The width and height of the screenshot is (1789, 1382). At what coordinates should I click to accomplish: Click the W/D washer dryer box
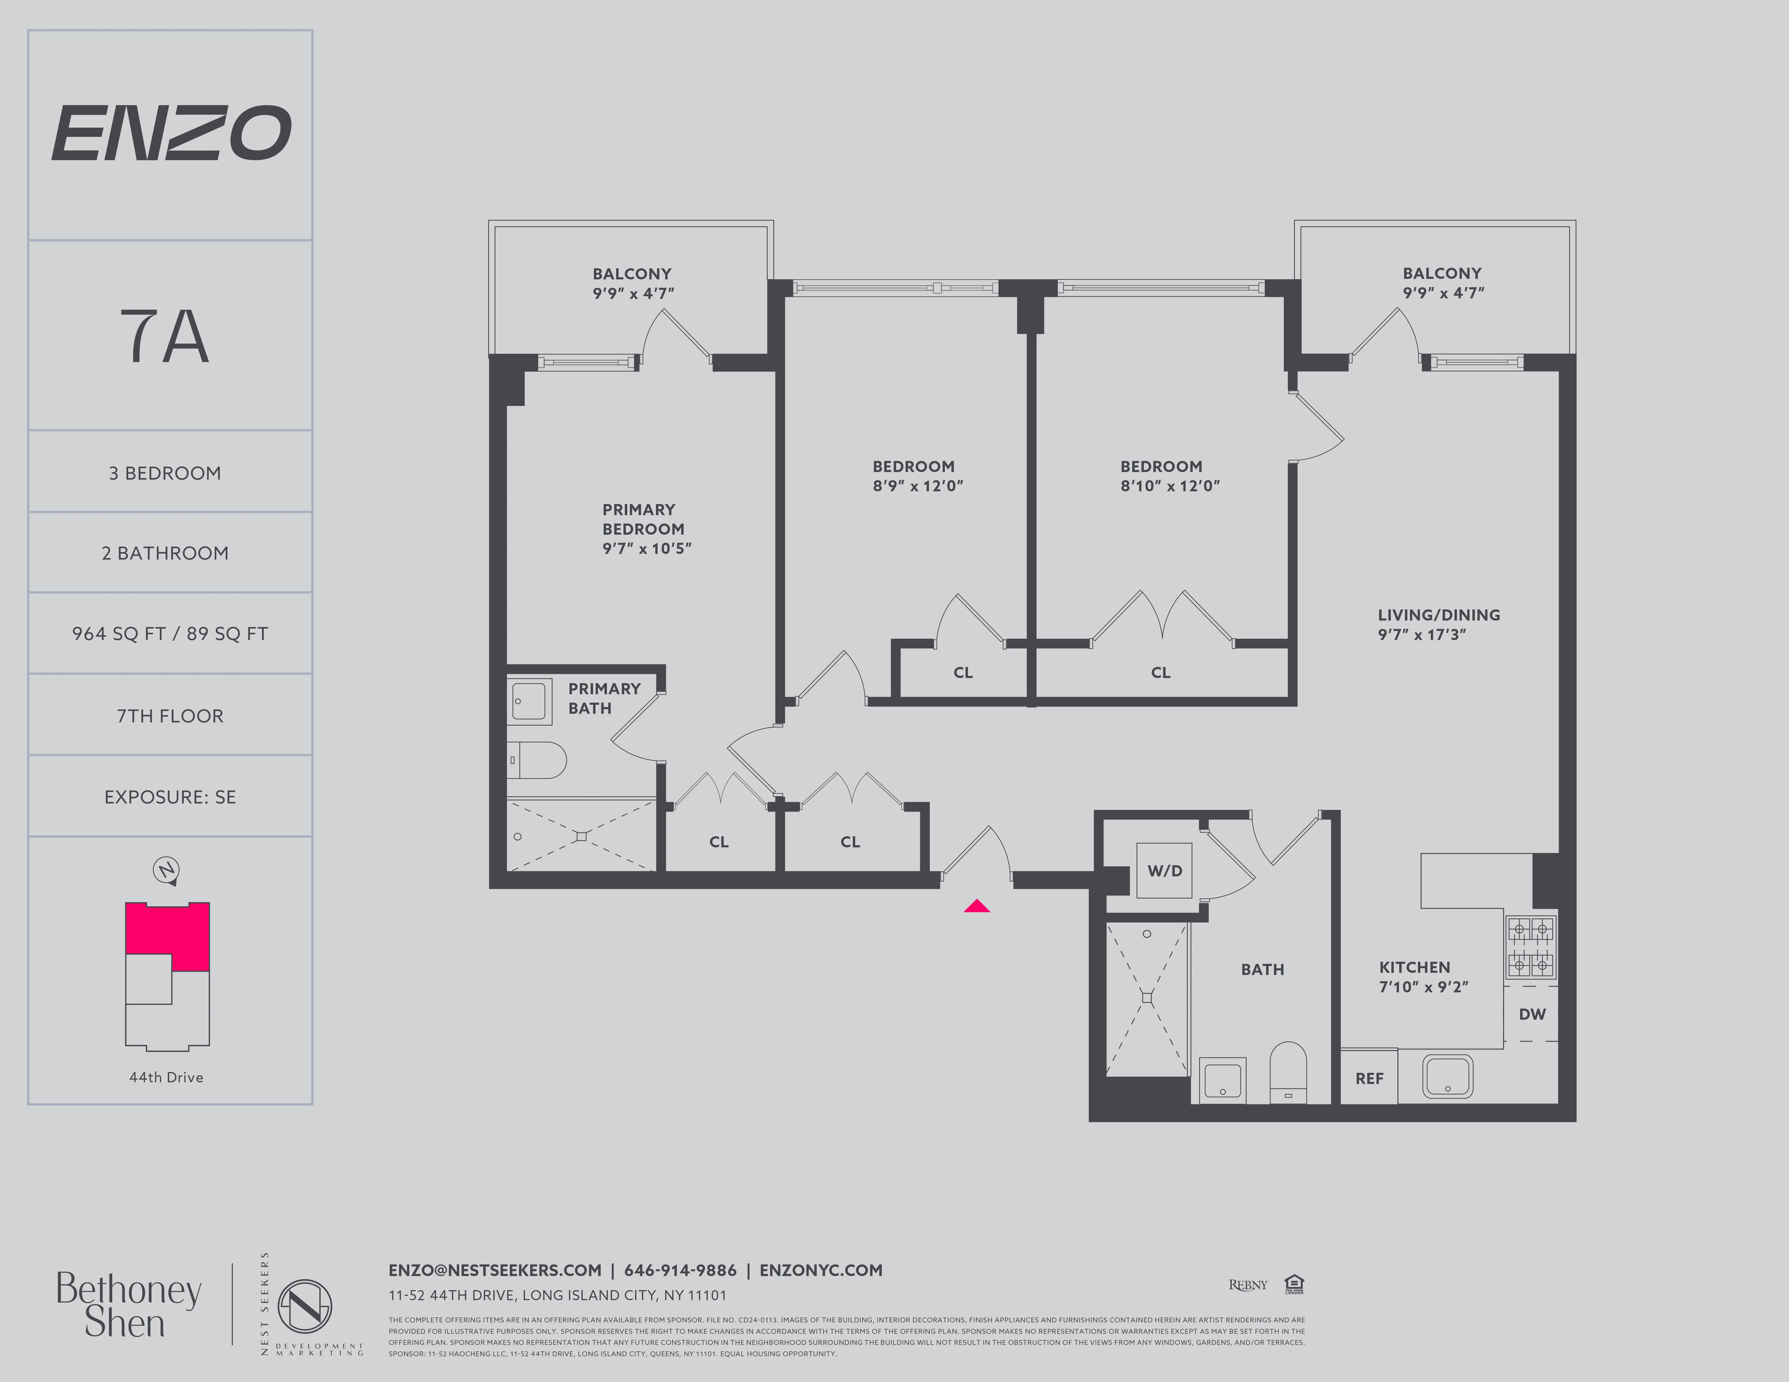1164,870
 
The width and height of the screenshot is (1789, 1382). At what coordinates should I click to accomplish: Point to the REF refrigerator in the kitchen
1369,1078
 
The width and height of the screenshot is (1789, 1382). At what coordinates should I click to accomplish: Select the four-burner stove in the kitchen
1530,947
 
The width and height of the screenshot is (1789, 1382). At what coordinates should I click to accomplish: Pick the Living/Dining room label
1439,624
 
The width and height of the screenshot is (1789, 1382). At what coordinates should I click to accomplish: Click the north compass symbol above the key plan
167,870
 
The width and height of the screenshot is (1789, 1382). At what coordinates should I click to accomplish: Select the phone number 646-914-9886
680,1270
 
